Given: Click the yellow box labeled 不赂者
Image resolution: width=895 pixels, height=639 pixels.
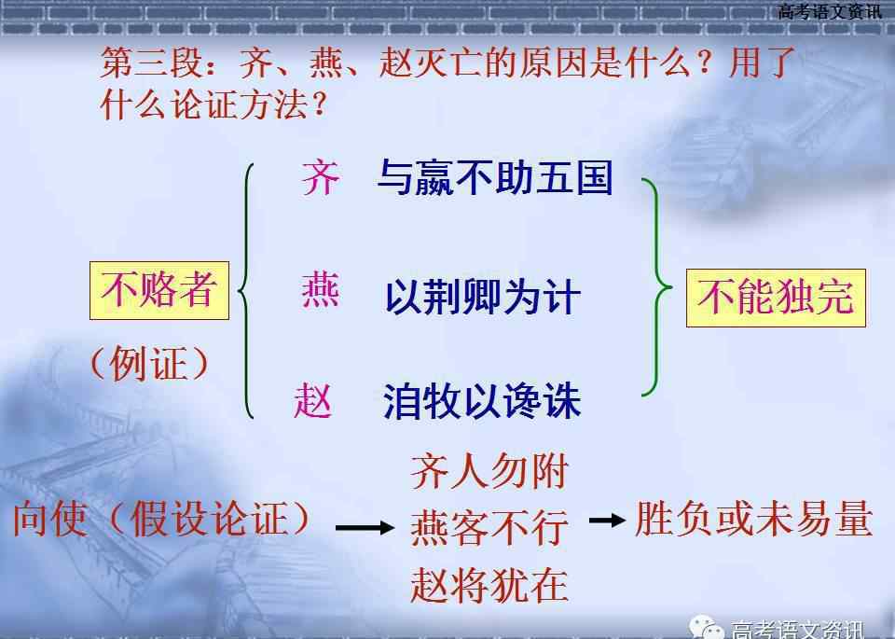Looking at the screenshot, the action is click(159, 290).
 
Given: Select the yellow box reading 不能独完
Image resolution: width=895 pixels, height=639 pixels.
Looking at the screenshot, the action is click(776, 298).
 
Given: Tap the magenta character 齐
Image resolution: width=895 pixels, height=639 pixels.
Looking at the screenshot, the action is click(321, 177).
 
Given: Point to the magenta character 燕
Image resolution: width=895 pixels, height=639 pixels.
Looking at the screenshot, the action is click(321, 291).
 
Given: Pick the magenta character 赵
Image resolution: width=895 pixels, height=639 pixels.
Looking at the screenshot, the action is click(313, 400).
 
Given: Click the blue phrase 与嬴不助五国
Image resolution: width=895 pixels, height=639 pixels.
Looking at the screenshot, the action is click(495, 177).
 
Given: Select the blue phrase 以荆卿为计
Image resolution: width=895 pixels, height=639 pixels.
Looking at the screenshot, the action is click(483, 297).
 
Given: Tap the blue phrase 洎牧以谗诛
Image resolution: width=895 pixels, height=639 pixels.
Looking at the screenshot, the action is click(482, 401).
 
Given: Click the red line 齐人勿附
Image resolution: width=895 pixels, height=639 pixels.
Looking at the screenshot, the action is click(489, 472).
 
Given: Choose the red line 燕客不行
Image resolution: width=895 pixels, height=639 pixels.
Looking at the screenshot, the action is click(489, 528).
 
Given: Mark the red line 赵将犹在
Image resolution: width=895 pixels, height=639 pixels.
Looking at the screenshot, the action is click(489, 584).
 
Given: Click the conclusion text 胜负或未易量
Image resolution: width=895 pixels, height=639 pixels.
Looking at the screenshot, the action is click(753, 519).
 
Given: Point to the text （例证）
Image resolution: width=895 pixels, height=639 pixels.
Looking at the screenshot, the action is click(149, 363).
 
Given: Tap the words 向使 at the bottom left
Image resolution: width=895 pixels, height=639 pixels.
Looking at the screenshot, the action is click(50, 519).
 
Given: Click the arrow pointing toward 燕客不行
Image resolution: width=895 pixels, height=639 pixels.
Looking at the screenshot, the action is click(365, 528).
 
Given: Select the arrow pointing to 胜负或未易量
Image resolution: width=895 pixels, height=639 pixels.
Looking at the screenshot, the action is click(607, 521).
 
